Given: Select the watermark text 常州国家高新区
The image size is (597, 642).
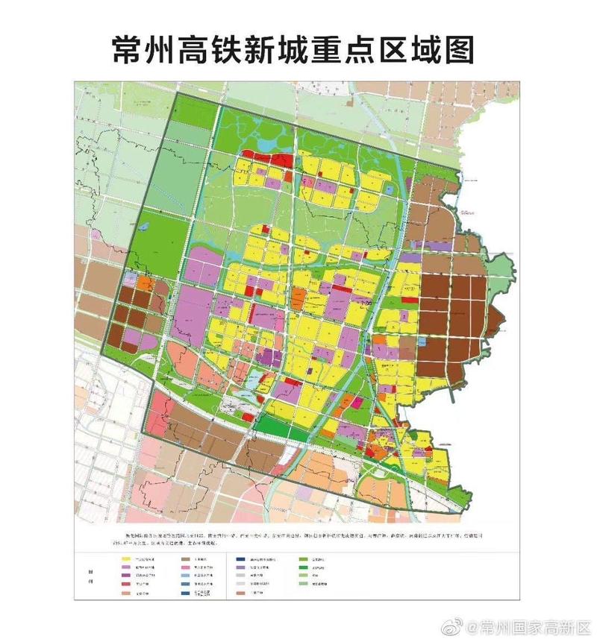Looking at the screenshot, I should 531,625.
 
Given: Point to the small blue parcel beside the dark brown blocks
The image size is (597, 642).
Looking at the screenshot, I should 422,341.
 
